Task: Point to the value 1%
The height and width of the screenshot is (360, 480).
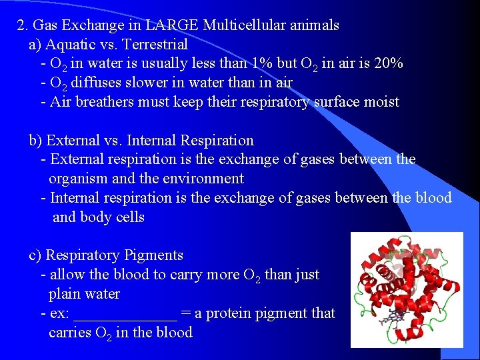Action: click(x=261, y=64)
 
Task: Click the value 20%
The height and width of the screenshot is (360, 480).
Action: click(x=387, y=64)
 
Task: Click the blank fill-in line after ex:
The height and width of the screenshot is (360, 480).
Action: click(x=125, y=315)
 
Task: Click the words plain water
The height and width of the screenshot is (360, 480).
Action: click(x=85, y=294)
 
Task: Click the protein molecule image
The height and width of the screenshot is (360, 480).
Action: click(x=406, y=289)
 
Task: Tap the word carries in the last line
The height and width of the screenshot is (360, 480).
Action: click(x=70, y=333)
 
